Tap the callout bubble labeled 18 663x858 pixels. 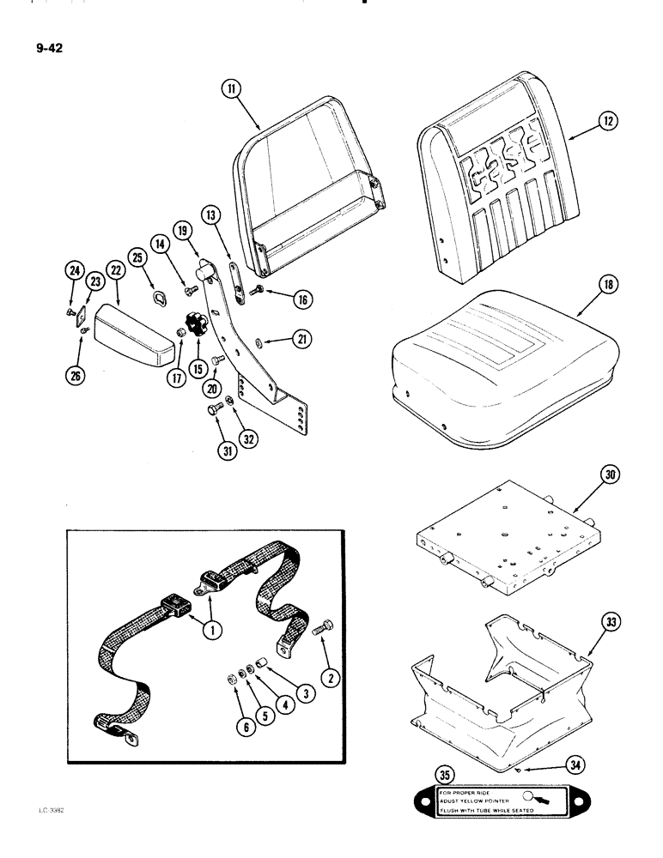point(583,284)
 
